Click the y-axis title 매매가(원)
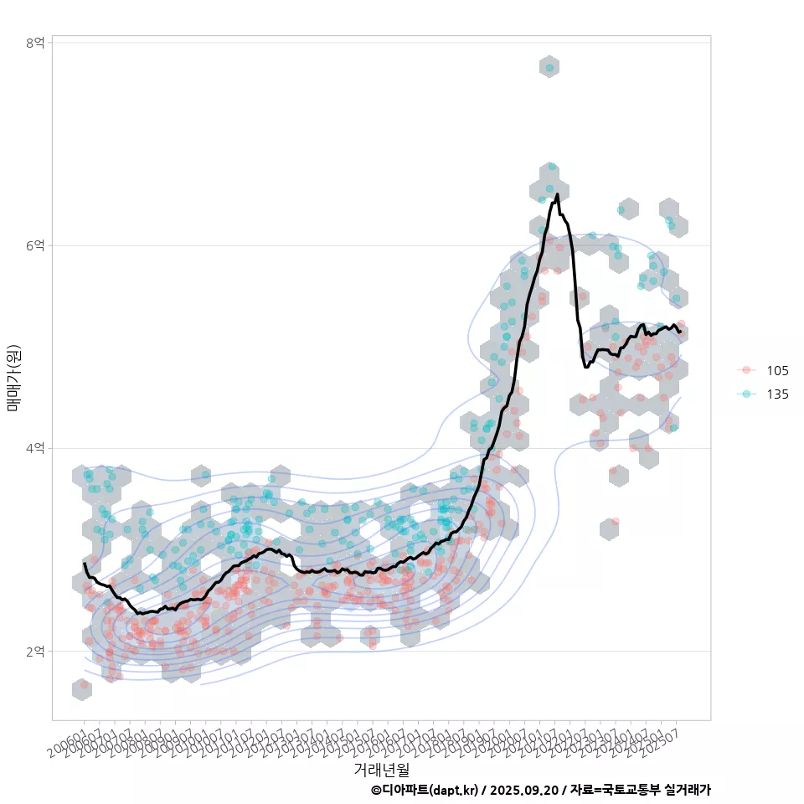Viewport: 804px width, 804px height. point(13,377)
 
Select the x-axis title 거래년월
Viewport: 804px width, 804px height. point(381,769)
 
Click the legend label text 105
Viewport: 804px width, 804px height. point(777,371)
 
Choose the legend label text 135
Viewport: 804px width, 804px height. point(777,394)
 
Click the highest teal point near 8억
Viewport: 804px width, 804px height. point(549,68)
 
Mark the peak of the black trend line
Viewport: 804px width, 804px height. point(557,195)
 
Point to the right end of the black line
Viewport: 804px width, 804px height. point(680,332)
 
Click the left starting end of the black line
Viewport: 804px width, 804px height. point(85,564)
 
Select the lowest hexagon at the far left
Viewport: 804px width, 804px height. point(82,689)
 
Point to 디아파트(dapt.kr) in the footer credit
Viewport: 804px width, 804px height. point(428,790)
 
